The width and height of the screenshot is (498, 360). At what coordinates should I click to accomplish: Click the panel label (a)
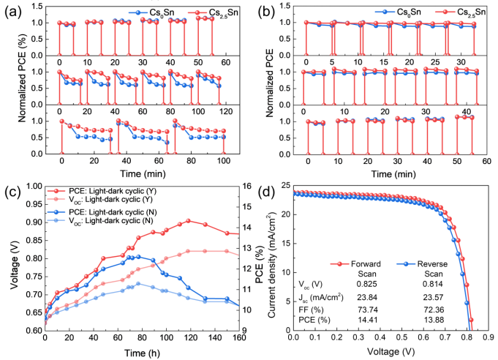14,11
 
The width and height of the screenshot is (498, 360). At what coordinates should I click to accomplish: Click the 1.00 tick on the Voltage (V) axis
33,186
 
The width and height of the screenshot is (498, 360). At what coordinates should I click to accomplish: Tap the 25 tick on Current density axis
283,186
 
